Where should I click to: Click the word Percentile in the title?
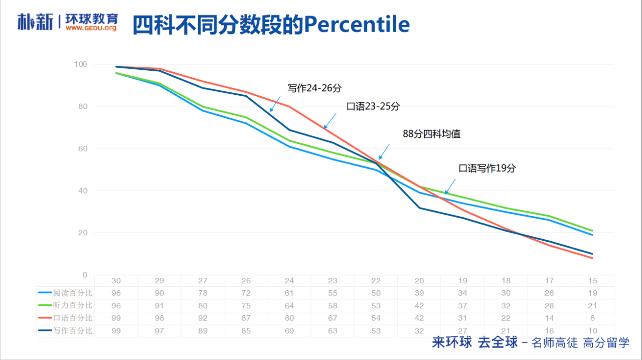coord(357,25)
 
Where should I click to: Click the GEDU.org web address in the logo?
coord(91,28)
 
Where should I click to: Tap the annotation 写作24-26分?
coord(314,88)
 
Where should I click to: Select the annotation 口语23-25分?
coord(373,106)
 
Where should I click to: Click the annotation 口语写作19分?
coord(487,168)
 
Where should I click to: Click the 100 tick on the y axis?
coord(80,64)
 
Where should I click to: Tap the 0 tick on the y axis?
coord(85,275)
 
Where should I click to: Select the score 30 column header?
coord(116,281)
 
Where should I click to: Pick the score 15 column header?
coord(593,281)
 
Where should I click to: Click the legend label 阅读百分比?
coord(73,293)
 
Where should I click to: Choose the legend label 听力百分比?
coord(73,305)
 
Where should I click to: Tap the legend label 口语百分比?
coord(73,318)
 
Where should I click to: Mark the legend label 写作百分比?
coord(73,330)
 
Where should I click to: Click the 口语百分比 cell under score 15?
coord(593,318)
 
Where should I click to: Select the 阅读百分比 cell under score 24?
coord(289,293)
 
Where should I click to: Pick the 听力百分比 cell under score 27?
coord(203,305)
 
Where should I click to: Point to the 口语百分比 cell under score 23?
coord(333,318)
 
